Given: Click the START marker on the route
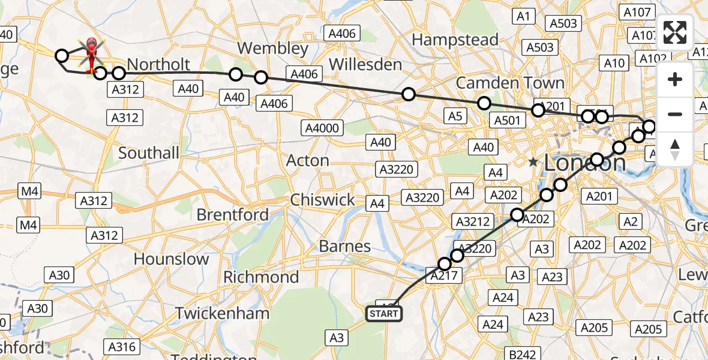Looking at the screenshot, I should coord(383,313).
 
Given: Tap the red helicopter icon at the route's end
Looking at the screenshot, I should coord(92,53).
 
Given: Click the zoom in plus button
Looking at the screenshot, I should coord(675,79).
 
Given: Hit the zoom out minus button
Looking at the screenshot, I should coord(675,114).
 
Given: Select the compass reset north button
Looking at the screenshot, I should coord(675,149).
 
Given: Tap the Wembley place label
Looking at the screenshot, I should coord(272,48).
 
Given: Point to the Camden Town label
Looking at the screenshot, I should coord(510,83).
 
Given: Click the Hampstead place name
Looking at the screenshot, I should coord(455,40).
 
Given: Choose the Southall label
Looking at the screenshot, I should coord(149,153).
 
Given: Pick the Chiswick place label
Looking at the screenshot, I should coord(322,200).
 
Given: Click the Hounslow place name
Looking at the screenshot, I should coord(172,259).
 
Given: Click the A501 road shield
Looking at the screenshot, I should coord(507,120).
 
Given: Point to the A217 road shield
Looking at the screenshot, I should coord(443,276).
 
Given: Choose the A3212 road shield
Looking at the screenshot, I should coord(473,221).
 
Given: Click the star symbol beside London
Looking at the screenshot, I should coord(533,162).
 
